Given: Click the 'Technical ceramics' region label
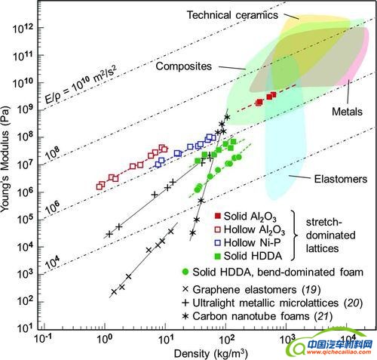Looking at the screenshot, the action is click(x=232, y=15).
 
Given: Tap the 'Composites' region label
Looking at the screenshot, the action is click(x=184, y=66).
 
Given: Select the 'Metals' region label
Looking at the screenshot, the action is click(x=347, y=112).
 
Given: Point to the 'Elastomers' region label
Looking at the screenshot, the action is click(x=341, y=179).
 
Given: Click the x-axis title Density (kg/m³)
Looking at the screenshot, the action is click(x=211, y=353).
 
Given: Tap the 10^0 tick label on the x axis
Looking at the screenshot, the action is click(x=103, y=339).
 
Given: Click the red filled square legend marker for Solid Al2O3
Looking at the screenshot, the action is click(x=218, y=216).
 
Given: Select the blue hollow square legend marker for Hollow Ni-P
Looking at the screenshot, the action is click(x=218, y=242).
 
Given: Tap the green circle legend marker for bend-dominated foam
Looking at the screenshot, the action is click(x=185, y=272).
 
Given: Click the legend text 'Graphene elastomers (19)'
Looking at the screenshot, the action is click(x=256, y=290).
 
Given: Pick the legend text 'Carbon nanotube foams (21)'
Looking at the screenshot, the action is click(x=262, y=316).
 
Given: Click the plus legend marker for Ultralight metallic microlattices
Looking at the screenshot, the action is click(x=185, y=303).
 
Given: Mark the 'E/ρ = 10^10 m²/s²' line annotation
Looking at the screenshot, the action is click(x=81, y=85).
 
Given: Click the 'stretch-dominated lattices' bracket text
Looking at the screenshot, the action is click(x=330, y=235).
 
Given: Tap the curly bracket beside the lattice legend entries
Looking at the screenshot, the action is click(x=294, y=235).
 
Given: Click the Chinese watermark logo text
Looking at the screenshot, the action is click(x=340, y=343).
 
